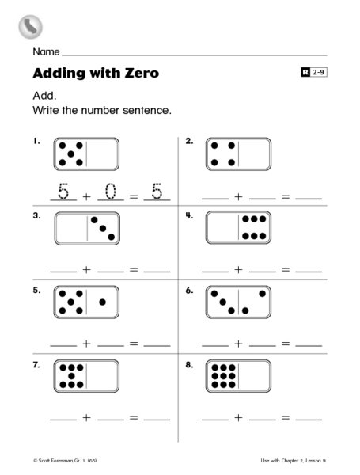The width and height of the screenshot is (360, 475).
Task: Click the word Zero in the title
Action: point(138,74)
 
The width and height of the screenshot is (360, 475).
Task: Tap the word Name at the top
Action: point(46,51)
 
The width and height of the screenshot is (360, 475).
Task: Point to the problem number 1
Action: point(36,142)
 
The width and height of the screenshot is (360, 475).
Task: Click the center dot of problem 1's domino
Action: point(70,154)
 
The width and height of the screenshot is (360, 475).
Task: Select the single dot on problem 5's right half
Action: point(102,302)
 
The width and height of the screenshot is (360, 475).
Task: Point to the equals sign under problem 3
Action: point(133,271)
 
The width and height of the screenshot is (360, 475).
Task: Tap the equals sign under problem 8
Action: point(286,417)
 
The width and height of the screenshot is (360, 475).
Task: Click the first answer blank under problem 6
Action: point(214,346)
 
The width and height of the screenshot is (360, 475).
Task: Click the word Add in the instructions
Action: point(44,94)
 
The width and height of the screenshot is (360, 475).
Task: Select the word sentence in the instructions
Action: point(146,110)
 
